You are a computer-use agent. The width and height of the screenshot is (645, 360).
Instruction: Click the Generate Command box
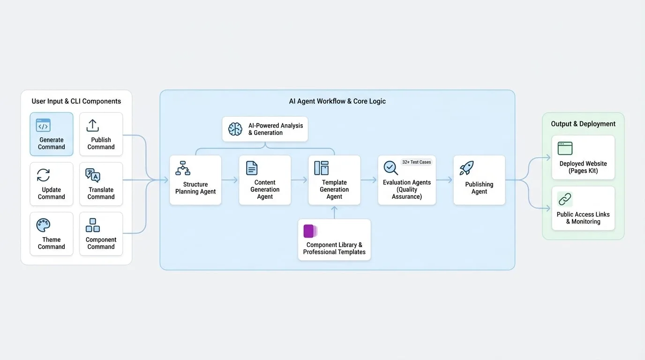tap(52, 134)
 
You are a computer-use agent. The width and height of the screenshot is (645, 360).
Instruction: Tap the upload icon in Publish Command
tap(92, 125)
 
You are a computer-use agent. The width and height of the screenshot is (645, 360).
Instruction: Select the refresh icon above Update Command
tap(43, 175)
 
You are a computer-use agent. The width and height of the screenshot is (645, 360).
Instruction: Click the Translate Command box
tap(101, 184)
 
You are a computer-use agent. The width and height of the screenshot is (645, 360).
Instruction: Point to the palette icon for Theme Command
tap(43, 225)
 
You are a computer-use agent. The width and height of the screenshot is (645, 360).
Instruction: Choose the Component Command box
tap(101, 234)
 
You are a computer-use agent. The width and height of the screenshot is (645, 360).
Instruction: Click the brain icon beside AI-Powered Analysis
tap(235, 129)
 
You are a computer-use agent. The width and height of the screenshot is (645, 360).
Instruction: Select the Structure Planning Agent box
tap(195, 180)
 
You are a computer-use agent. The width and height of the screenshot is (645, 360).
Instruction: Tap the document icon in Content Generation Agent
tap(252, 168)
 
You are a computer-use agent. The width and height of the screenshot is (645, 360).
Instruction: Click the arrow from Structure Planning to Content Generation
tap(230, 180)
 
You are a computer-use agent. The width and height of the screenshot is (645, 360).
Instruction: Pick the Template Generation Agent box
tap(334, 180)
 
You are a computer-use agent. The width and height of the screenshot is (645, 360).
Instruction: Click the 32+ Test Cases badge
tap(416, 162)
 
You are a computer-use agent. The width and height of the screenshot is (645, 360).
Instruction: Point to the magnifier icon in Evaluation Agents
tap(391, 168)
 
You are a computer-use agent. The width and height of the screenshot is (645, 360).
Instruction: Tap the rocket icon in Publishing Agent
tap(466, 168)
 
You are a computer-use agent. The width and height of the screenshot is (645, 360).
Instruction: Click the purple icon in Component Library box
tap(310, 231)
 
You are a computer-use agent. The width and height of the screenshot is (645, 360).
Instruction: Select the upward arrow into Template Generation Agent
tap(334, 212)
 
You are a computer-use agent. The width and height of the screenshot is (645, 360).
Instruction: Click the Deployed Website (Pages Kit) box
tap(583, 157)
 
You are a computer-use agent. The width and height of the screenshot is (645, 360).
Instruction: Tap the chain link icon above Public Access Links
tap(565, 199)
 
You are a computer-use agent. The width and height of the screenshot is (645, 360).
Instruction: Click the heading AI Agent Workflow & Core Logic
tap(337, 101)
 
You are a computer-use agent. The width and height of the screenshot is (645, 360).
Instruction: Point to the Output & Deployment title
tap(583, 124)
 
